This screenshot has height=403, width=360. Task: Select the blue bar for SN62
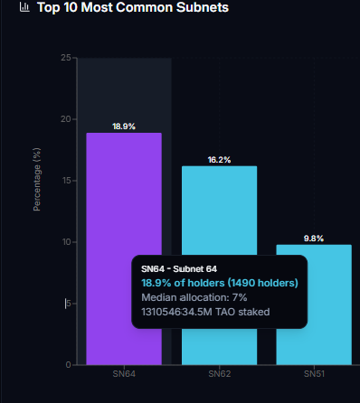[x=219, y=208]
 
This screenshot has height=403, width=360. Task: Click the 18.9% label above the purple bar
[x=124, y=127]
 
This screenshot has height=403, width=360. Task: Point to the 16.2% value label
[x=219, y=160]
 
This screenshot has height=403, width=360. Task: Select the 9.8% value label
[x=314, y=239]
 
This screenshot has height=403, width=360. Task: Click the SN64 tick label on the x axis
[x=124, y=373]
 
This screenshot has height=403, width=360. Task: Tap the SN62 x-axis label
[x=219, y=373]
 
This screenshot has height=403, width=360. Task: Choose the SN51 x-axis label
[x=314, y=373]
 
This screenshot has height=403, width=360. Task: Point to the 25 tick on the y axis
[x=66, y=58]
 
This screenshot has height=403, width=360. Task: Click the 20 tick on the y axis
[x=66, y=119]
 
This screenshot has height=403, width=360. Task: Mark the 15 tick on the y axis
[x=66, y=181]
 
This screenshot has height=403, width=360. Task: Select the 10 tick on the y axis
[x=66, y=242]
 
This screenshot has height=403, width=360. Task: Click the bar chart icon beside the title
[x=24, y=8]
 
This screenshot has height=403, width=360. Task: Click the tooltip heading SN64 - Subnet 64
[x=179, y=269]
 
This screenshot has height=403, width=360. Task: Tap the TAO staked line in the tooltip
[x=205, y=312]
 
